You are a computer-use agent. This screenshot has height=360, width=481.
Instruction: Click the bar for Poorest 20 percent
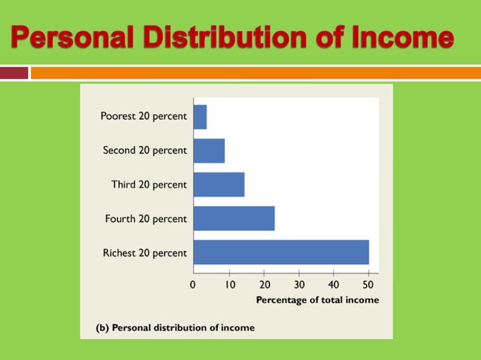tap(200, 117)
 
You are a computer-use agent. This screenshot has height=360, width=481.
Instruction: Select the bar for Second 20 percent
tap(209, 151)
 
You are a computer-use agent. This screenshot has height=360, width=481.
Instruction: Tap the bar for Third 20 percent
tap(219, 185)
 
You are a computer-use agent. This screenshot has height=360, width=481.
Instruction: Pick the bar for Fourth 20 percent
tap(234, 218)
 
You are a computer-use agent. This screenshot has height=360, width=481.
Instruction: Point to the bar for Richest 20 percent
tap(281, 252)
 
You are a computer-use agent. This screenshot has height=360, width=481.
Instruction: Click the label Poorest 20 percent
tap(143, 117)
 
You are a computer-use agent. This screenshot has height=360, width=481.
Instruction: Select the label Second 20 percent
tap(145, 151)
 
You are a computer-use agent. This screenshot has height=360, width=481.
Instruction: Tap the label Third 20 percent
tap(149, 185)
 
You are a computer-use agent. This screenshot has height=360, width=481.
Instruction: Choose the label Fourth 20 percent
tap(146, 219)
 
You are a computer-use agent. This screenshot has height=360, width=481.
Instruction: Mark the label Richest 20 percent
tap(145, 253)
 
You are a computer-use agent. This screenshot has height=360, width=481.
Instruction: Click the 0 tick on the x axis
tap(193, 285)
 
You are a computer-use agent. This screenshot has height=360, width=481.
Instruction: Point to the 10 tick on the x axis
tap(228, 285)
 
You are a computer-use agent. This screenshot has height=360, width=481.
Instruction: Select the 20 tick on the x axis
tap(264, 285)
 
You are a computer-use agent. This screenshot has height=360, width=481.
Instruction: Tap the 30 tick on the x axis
tap(299, 285)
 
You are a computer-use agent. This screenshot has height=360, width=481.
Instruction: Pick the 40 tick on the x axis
tap(334, 285)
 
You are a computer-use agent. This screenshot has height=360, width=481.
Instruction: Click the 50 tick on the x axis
tap(369, 285)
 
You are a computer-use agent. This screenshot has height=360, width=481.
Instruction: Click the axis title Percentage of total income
tap(317, 300)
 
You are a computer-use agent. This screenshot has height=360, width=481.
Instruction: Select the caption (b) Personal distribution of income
tap(175, 328)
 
